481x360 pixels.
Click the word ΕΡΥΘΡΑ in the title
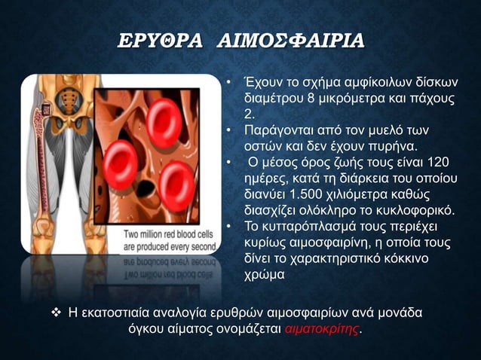158,41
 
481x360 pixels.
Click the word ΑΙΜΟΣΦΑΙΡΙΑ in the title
290,41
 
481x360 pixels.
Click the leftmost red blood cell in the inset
118,158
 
